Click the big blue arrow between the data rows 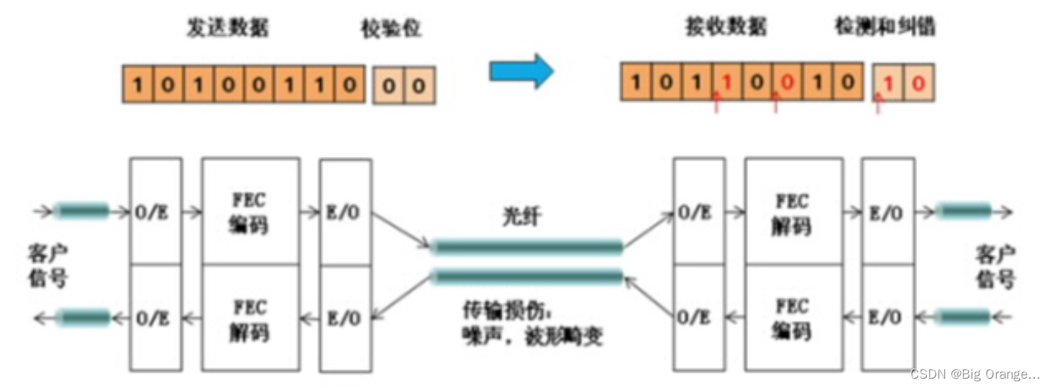click(521, 71)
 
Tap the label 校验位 click(390, 29)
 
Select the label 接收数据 click(726, 27)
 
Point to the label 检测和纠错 click(885, 27)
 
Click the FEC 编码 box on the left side click(250, 212)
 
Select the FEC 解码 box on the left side click(250, 318)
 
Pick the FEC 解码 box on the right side click(793, 212)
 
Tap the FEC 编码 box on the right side click(793, 318)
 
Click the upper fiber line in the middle click(527, 248)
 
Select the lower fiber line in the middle click(527, 276)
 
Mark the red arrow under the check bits click(877, 104)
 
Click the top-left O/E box click(155, 212)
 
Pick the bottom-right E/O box click(887, 318)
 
